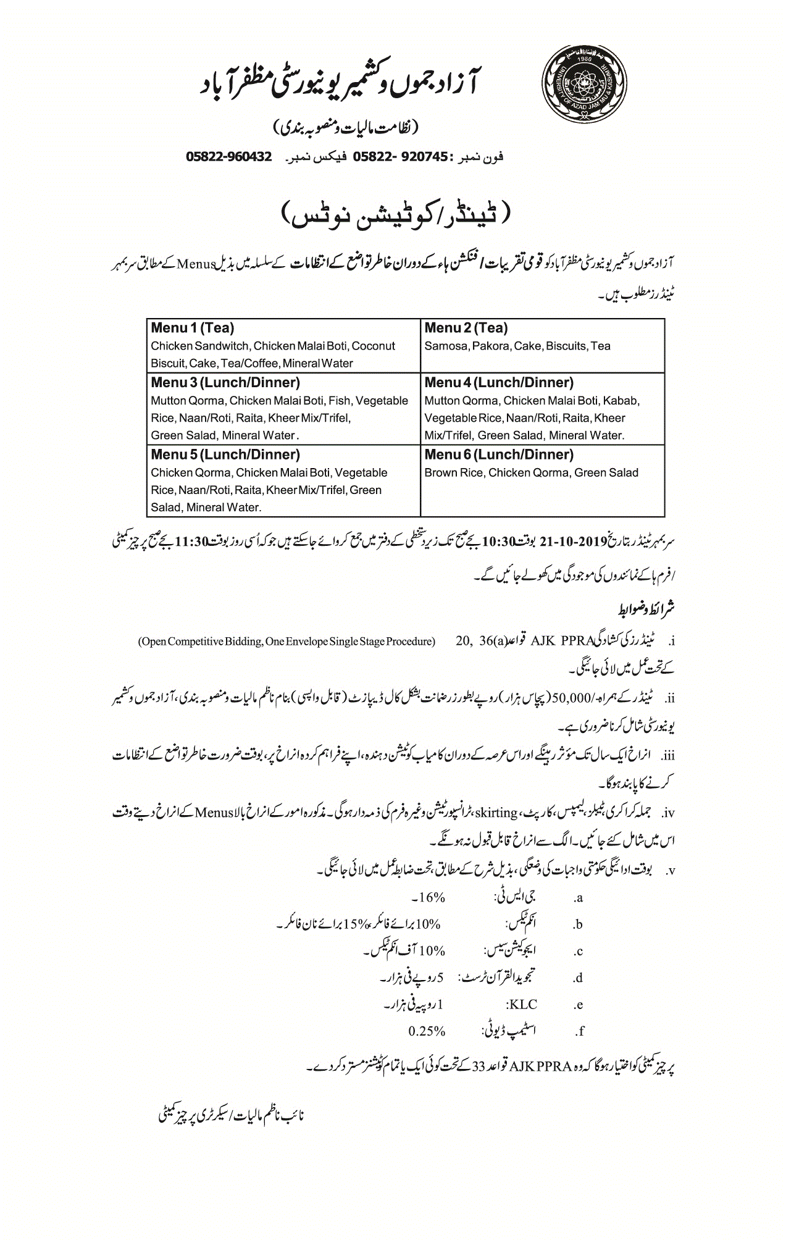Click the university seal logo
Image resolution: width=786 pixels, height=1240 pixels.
[x=584, y=84]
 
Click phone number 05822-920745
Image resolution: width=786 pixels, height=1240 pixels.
[x=400, y=157]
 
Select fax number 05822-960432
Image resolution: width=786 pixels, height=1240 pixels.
[x=229, y=157]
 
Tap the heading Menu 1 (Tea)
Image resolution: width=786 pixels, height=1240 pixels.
[x=193, y=328]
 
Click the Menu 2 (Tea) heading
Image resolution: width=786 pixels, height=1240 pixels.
[x=466, y=328]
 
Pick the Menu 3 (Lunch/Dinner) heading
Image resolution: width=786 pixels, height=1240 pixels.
[x=225, y=383]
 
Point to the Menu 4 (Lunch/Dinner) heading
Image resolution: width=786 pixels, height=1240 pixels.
[x=499, y=383]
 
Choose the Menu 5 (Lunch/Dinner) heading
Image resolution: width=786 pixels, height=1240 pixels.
[x=225, y=455]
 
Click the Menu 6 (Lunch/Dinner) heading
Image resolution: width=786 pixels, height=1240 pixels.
[x=499, y=455]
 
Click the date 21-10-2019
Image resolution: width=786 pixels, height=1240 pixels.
[x=574, y=542]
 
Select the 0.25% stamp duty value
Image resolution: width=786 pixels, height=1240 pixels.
[x=427, y=1031]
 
